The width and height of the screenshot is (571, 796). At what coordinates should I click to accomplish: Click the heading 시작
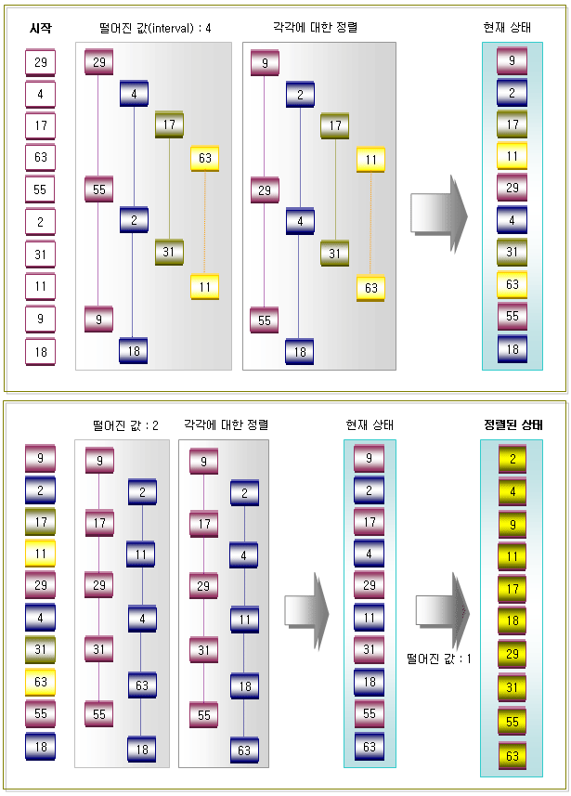click(x=41, y=28)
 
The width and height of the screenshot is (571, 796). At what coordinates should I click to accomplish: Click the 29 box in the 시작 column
click(x=41, y=62)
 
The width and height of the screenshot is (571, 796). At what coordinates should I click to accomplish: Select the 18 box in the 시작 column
click(x=41, y=352)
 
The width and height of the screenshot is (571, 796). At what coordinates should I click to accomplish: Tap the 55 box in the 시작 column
click(x=41, y=189)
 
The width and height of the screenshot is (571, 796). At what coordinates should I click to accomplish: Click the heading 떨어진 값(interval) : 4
click(x=155, y=28)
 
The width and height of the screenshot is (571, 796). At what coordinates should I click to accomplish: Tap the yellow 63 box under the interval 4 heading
click(x=205, y=159)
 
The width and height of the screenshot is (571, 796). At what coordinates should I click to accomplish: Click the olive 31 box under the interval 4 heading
click(x=169, y=252)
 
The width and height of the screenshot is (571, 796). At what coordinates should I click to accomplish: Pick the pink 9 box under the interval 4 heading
click(x=98, y=320)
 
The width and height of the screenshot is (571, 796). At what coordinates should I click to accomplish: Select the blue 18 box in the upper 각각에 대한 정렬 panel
click(x=300, y=352)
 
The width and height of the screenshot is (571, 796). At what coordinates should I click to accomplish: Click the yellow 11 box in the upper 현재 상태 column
click(x=513, y=156)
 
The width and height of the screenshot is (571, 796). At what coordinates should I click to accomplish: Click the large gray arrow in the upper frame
click(x=439, y=214)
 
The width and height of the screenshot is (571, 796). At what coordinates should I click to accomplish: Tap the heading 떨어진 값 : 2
click(x=125, y=425)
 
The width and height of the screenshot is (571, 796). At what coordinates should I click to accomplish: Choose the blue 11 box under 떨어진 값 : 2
click(x=140, y=555)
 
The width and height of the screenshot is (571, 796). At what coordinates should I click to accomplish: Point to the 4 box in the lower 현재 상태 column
click(x=369, y=554)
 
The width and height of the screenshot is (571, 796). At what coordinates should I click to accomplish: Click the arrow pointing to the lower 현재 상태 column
click(x=306, y=612)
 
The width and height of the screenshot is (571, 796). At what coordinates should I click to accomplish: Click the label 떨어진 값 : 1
click(x=439, y=659)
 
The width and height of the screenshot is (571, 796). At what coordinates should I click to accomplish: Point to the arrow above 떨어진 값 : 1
click(x=443, y=611)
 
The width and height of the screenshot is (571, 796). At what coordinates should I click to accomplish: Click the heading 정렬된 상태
click(x=513, y=424)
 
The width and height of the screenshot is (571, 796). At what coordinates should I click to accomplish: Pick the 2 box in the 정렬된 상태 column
click(x=513, y=459)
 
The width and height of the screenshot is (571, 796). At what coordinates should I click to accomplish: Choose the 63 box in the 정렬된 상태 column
click(x=513, y=756)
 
